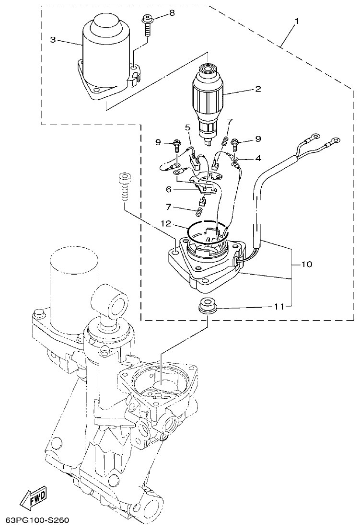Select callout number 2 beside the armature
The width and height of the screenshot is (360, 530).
tap(258, 89)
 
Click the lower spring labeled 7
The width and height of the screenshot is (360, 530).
tap(197, 211)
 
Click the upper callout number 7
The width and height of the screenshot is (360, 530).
tap(230, 122)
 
